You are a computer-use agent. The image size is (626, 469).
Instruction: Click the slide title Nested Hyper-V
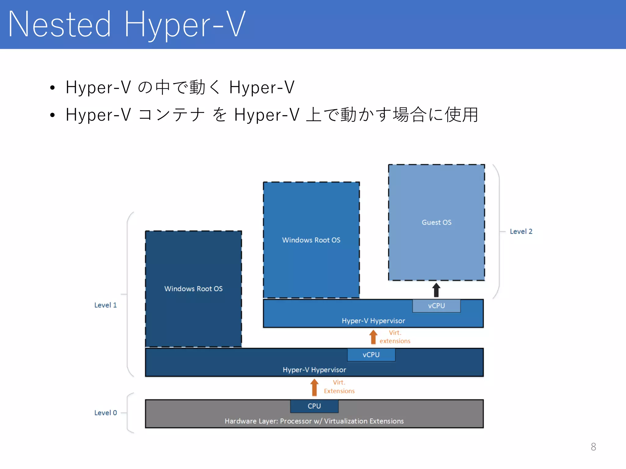pyautogui.click(x=127, y=24)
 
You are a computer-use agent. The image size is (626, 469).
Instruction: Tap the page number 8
pyautogui.click(x=593, y=447)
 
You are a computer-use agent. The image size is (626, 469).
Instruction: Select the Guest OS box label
pyautogui.click(x=436, y=222)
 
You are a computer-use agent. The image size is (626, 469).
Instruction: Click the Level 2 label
pyautogui.click(x=521, y=231)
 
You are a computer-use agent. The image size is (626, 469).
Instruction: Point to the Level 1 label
pyautogui.click(x=105, y=305)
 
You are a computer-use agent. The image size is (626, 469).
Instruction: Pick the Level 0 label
pyautogui.click(x=105, y=413)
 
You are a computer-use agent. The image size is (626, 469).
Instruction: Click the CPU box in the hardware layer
pyautogui.click(x=314, y=406)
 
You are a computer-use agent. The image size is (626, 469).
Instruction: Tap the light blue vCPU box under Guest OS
pyautogui.click(x=436, y=306)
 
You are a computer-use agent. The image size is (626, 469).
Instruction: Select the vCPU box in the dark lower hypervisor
pyautogui.click(x=371, y=355)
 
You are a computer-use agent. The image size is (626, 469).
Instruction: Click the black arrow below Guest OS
pyautogui.click(x=436, y=290)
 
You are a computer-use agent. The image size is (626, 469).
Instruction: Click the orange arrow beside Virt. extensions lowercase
pyautogui.click(x=373, y=337)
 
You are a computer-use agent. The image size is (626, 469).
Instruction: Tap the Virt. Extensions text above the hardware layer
pyautogui.click(x=339, y=387)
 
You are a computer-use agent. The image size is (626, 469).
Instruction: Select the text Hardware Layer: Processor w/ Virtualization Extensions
pyautogui.click(x=314, y=421)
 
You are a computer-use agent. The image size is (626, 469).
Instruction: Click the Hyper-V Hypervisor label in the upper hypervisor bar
pyautogui.click(x=373, y=321)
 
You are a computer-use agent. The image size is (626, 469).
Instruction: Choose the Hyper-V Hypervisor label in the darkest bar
pyautogui.click(x=314, y=370)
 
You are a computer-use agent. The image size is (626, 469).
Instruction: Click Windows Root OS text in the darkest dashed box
pyautogui.click(x=193, y=289)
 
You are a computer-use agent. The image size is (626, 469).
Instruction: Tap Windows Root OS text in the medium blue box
pyautogui.click(x=311, y=240)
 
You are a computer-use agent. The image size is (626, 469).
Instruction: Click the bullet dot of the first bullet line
pyautogui.click(x=53, y=88)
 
